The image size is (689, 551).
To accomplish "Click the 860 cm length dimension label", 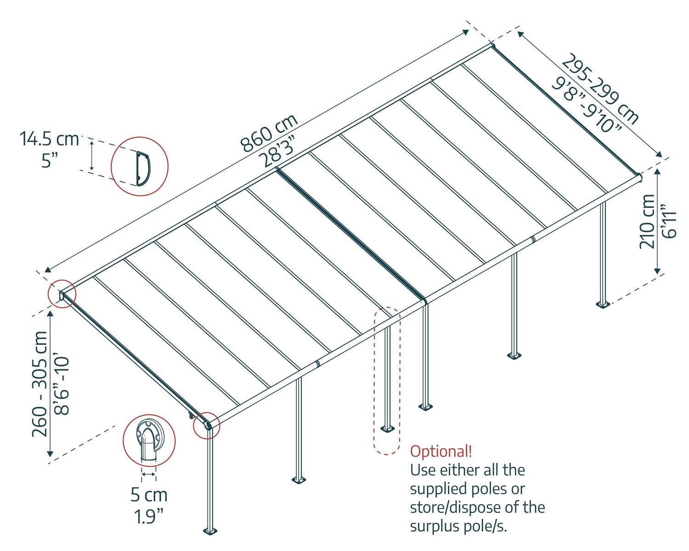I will click(x=270, y=133).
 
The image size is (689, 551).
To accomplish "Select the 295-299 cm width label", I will click(x=600, y=89).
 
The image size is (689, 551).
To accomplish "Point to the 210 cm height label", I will click(x=648, y=221).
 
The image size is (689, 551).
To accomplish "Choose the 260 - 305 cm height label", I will click(x=40, y=384).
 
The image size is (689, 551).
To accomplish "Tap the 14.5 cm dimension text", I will click(x=49, y=139).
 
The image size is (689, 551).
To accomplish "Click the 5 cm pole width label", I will click(x=149, y=495).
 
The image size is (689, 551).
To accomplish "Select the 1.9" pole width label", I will click(x=149, y=517).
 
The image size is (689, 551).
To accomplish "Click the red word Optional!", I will click(x=441, y=451).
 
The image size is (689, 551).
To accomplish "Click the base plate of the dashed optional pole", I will click(x=387, y=429).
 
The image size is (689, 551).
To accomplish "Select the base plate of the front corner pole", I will click(x=210, y=531).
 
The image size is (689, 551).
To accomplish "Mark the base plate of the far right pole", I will click(x=602, y=304).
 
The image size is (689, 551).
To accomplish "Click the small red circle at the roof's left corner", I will click(x=62, y=294).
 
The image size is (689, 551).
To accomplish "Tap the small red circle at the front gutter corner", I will click(x=207, y=425).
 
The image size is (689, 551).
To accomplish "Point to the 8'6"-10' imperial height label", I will click(x=62, y=384).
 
